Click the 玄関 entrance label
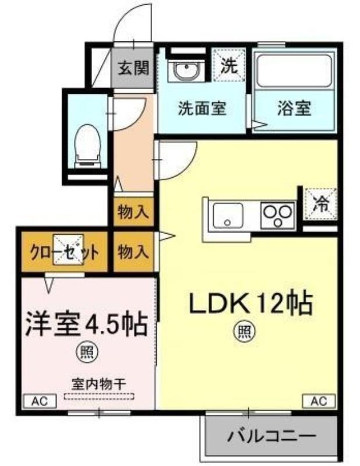pos(133,69)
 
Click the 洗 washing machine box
pos(228,65)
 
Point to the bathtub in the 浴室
pos(294,70)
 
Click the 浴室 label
pos(294,108)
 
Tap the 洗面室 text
pos(202,108)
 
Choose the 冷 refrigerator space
pos(320,204)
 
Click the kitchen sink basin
pos(228,216)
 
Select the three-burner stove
pos(278,216)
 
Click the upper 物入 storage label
pos(133,212)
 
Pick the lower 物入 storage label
pos(133,252)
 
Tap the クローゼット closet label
pos(64,253)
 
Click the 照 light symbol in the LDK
pos(246,331)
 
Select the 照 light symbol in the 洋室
pos(87,352)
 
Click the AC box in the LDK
pos(319,401)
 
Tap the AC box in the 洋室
pos(40,401)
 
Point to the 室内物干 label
pos(98,384)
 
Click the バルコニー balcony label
pos(271,436)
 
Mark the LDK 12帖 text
pos(251,303)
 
